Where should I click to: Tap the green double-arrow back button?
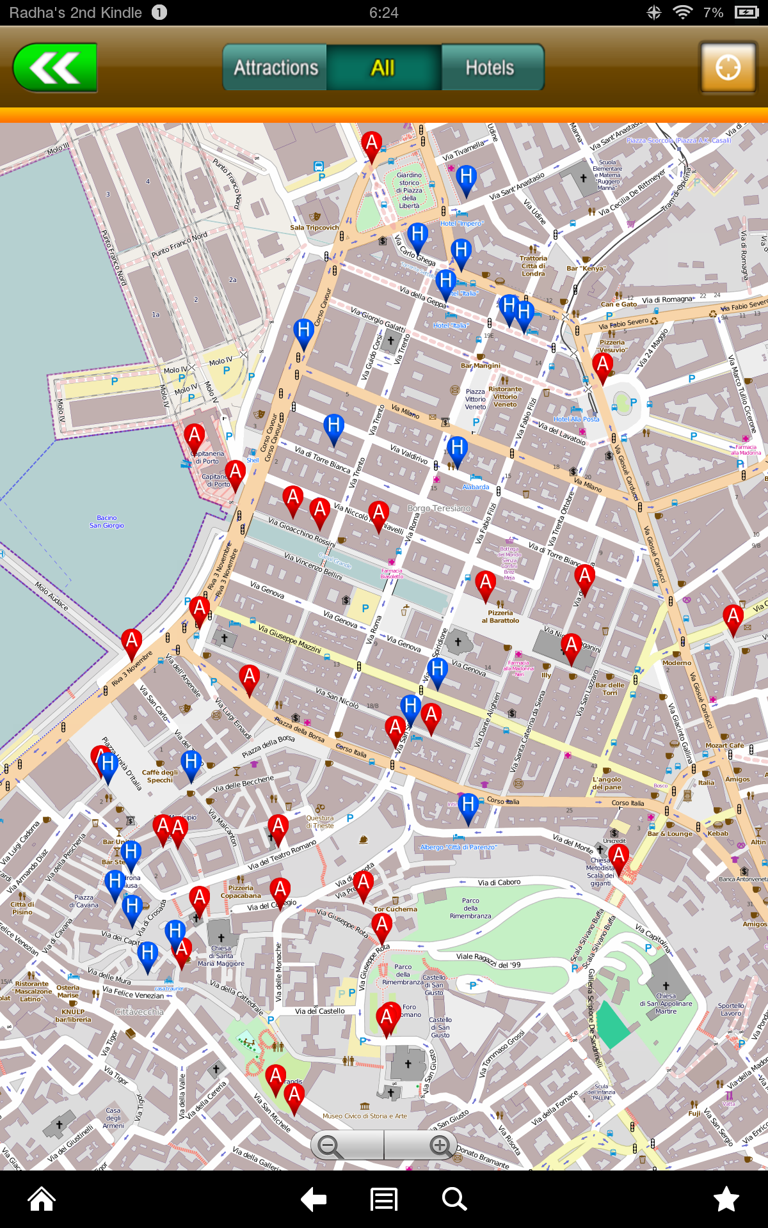55,68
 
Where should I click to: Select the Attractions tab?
275,68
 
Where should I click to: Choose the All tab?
383,68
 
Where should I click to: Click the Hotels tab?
490,68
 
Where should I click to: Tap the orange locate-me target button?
728,67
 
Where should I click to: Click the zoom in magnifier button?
439,1145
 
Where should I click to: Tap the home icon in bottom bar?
42,1199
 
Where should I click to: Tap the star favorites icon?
726,1199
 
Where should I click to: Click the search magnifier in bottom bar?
454,1199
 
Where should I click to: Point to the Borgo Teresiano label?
439,508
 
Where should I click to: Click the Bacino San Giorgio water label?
107,522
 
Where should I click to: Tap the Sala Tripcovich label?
314,228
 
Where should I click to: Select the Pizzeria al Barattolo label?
500,617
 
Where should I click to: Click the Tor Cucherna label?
395,909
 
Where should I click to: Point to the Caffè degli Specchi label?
160,776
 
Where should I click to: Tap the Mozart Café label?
724,746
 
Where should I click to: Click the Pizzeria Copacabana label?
241,892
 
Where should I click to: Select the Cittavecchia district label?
139,1012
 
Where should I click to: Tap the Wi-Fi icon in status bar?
683,13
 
